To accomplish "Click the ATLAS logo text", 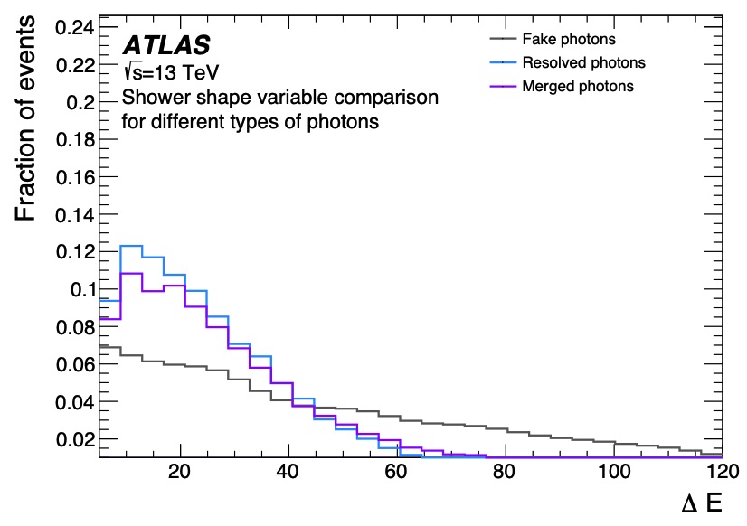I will tap(166, 44).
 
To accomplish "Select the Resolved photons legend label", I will tap(584, 63).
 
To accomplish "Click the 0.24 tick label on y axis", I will tap(75, 27).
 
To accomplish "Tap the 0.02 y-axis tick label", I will tap(75, 438).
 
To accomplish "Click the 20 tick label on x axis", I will tap(181, 474).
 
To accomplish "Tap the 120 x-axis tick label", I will tap(720, 474).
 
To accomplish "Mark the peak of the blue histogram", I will tap(132, 246).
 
